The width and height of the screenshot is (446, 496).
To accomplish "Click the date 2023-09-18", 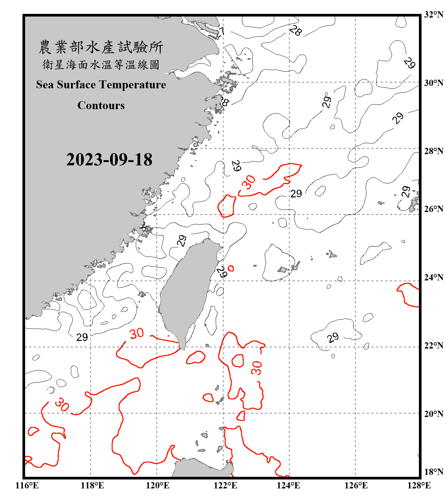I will [x=109, y=160].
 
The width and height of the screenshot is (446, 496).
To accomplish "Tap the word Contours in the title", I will [x=101, y=105].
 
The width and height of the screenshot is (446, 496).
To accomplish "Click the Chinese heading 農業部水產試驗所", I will [x=101, y=47].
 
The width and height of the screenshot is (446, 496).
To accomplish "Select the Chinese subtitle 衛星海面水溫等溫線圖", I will [x=101, y=64].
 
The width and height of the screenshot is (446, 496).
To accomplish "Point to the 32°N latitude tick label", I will [x=433, y=15].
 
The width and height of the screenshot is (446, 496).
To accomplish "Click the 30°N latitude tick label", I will [x=433, y=83].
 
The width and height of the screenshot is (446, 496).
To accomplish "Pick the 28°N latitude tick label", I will [x=433, y=151].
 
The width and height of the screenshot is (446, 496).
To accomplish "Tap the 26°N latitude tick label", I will [x=433, y=209].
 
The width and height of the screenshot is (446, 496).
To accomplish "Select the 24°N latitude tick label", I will [x=433, y=277].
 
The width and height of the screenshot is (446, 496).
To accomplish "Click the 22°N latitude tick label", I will [x=433, y=346].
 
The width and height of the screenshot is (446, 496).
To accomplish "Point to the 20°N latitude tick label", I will [x=433, y=414].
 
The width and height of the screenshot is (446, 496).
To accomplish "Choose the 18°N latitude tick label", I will [x=433, y=472].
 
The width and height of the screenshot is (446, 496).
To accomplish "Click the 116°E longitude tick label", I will [x=27, y=485].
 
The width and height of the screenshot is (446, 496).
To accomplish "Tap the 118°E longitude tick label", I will [x=92, y=485].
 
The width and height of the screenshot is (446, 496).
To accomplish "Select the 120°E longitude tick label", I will [x=158, y=485].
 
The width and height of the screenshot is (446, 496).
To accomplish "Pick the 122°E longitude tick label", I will [x=225, y=485].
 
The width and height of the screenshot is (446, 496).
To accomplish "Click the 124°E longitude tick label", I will [x=288, y=485].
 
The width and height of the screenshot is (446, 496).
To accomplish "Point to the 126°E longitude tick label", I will [x=356, y=485].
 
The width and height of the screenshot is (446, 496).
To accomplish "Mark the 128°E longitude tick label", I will [x=419, y=485].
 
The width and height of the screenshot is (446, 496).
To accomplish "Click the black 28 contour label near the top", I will [x=295, y=31].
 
